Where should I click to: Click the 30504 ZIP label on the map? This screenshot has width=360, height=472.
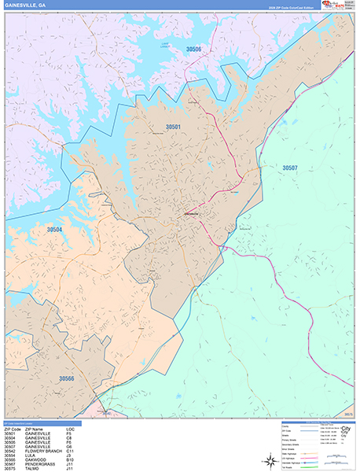(54, 230)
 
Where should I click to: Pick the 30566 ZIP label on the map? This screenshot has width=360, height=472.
(66, 378)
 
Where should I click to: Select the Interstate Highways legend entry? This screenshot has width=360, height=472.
(292, 463)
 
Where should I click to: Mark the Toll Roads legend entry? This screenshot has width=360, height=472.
(288, 467)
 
